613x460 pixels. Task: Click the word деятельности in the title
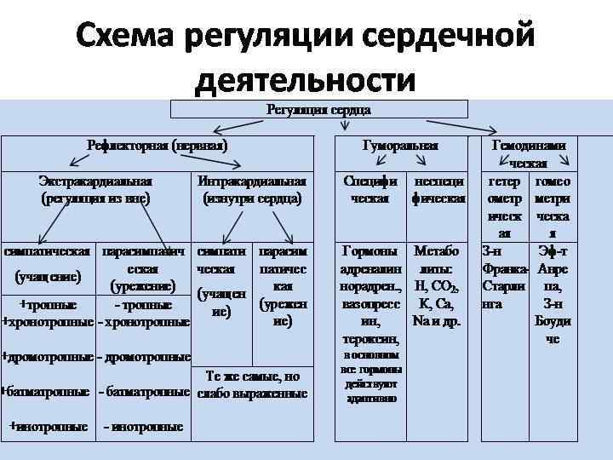(x=306, y=80)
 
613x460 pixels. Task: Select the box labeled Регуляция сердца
(x=319, y=109)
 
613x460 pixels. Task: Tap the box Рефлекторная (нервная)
(x=157, y=146)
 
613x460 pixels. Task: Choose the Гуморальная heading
(x=400, y=146)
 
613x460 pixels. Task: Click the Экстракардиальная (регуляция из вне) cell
(x=95, y=190)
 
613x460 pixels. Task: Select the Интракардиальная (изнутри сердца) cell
(x=251, y=190)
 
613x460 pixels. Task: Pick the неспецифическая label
(x=438, y=190)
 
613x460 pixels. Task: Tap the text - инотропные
(x=142, y=426)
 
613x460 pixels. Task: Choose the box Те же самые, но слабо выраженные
(x=252, y=384)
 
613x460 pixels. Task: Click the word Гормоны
(x=369, y=252)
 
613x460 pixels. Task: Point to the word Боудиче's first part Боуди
(x=553, y=321)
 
